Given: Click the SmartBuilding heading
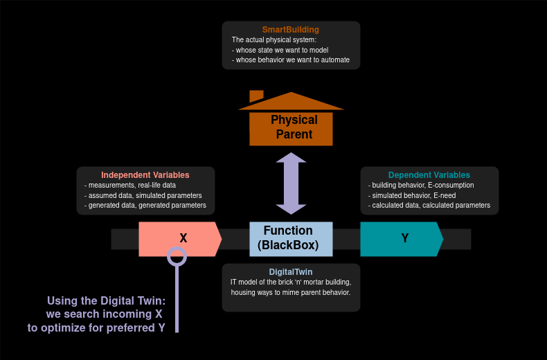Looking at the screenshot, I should tap(291, 30).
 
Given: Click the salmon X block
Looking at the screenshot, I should tap(179, 239).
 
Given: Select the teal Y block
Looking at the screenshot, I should tap(401, 239).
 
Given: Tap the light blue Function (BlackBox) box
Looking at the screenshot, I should tap(291, 238).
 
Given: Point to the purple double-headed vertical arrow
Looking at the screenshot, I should tap(291, 183).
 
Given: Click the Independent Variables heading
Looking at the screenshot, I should tap(145, 175).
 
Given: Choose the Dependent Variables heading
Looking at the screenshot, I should tap(429, 175).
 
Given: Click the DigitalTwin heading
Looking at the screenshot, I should tap(291, 272).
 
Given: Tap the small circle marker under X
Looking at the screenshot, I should tap(177, 256).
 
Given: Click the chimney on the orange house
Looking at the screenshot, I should tap(256, 96).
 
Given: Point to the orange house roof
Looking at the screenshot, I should tap(291, 102).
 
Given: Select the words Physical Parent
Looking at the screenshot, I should tap(294, 127).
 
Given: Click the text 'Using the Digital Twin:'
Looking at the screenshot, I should tap(107, 300).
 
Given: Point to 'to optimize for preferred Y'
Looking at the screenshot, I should tap(96, 327).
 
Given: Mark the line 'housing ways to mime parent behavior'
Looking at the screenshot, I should tap(291, 293).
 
